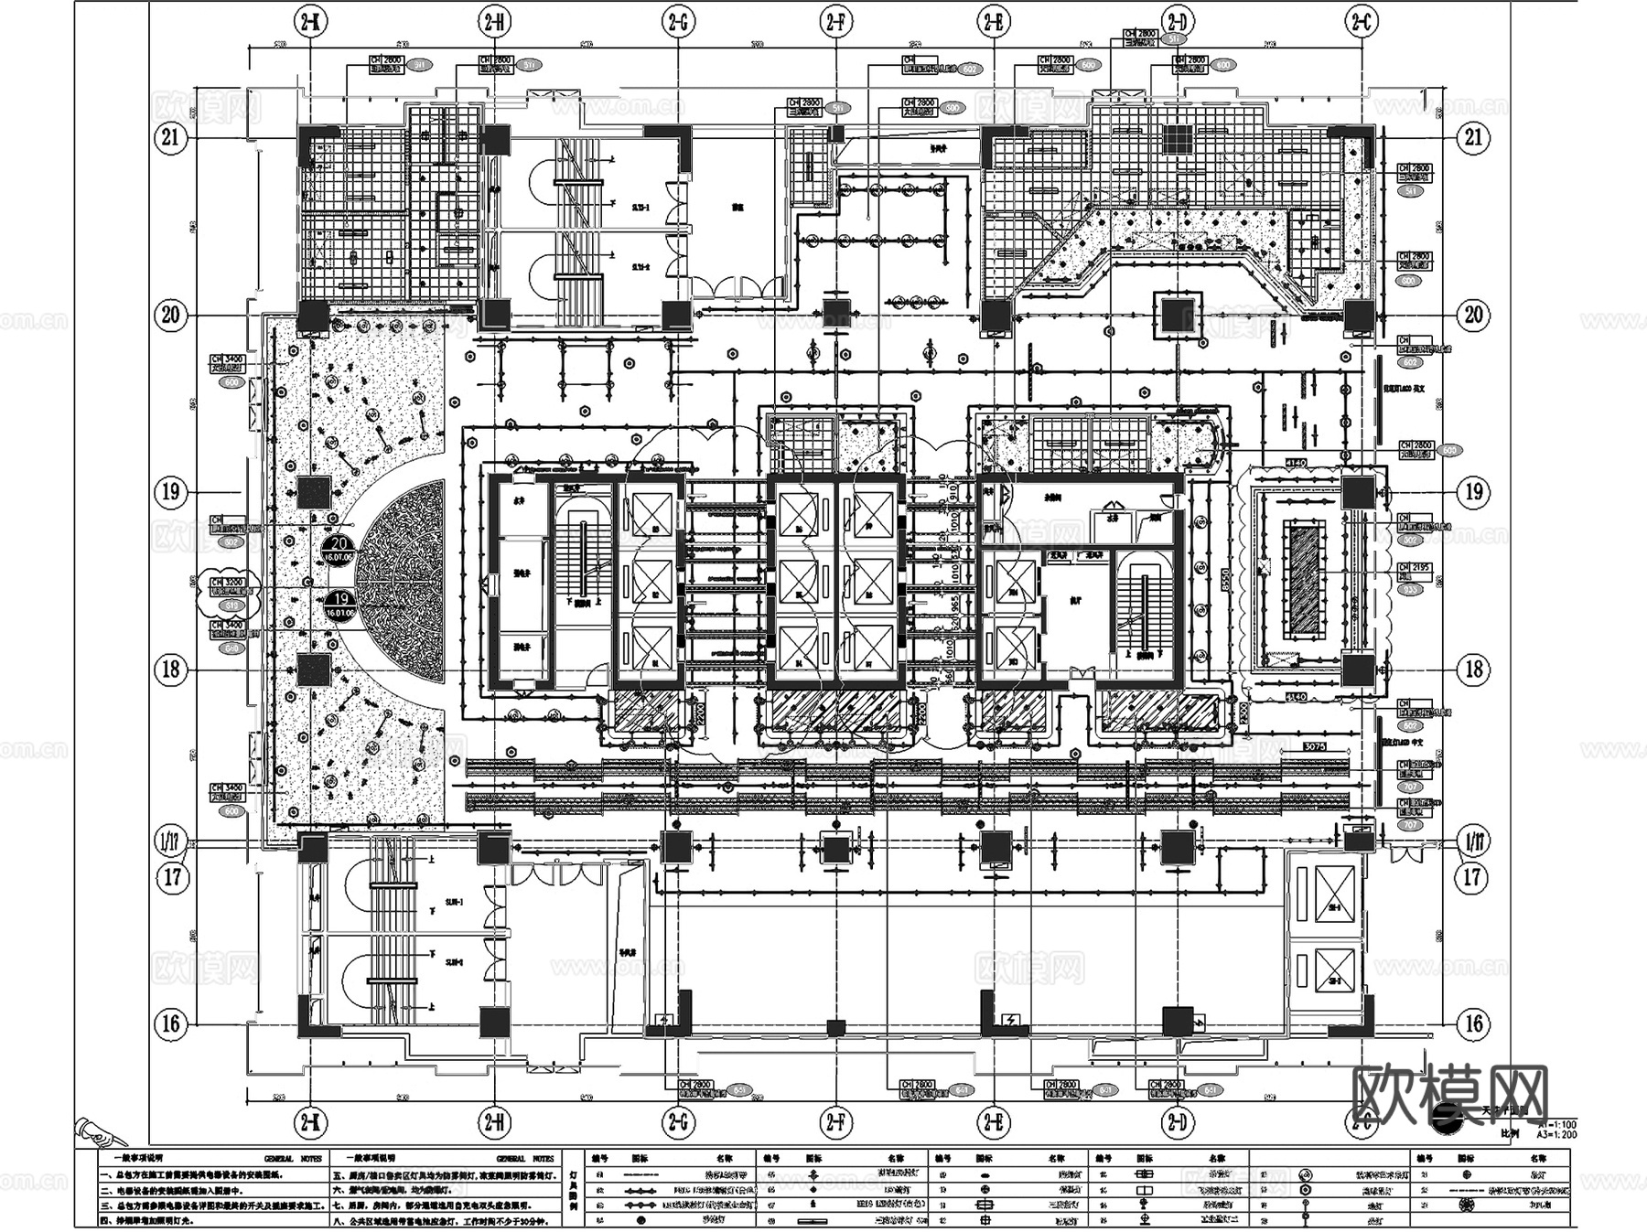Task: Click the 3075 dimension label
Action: pyautogui.click(x=1314, y=746)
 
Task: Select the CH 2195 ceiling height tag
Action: pyautogui.click(x=1415, y=568)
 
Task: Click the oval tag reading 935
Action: pyautogui.click(x=1411, y=590)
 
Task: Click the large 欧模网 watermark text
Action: pyautogui.click(x=1450, y=1094)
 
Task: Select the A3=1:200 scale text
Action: pyautogui.click(x=1556, y=1134)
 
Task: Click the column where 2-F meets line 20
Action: pyautogui.click(x=835, y=314)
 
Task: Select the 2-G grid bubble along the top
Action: pyautogui.click(x=677, y=22)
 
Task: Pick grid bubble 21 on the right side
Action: pyautogui.click(x=1473, y=138)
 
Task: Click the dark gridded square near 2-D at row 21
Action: pyautogui.click(x=1177, y=138)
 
